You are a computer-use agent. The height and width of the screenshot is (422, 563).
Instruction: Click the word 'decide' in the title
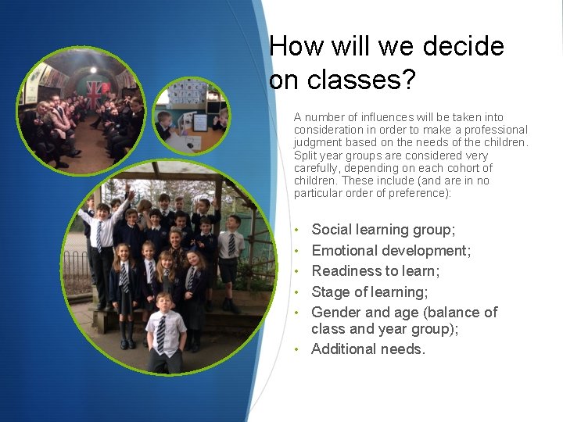[x=464, y=47]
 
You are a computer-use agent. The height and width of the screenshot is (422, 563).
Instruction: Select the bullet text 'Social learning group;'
[x=383, y=230]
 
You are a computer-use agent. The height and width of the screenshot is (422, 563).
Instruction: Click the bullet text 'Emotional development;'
[x=391, y=251]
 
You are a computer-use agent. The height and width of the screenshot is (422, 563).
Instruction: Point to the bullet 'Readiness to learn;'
[x=375, y=271]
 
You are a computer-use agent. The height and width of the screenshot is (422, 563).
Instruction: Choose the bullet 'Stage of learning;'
[x=369, y=292]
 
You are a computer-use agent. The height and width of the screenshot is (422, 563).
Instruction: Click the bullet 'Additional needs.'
[x=368, y=349]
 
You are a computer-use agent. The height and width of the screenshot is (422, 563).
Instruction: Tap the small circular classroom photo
[x=191, y=115]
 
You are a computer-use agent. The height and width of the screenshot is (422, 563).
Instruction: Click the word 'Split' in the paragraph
[x=306, y=156]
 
